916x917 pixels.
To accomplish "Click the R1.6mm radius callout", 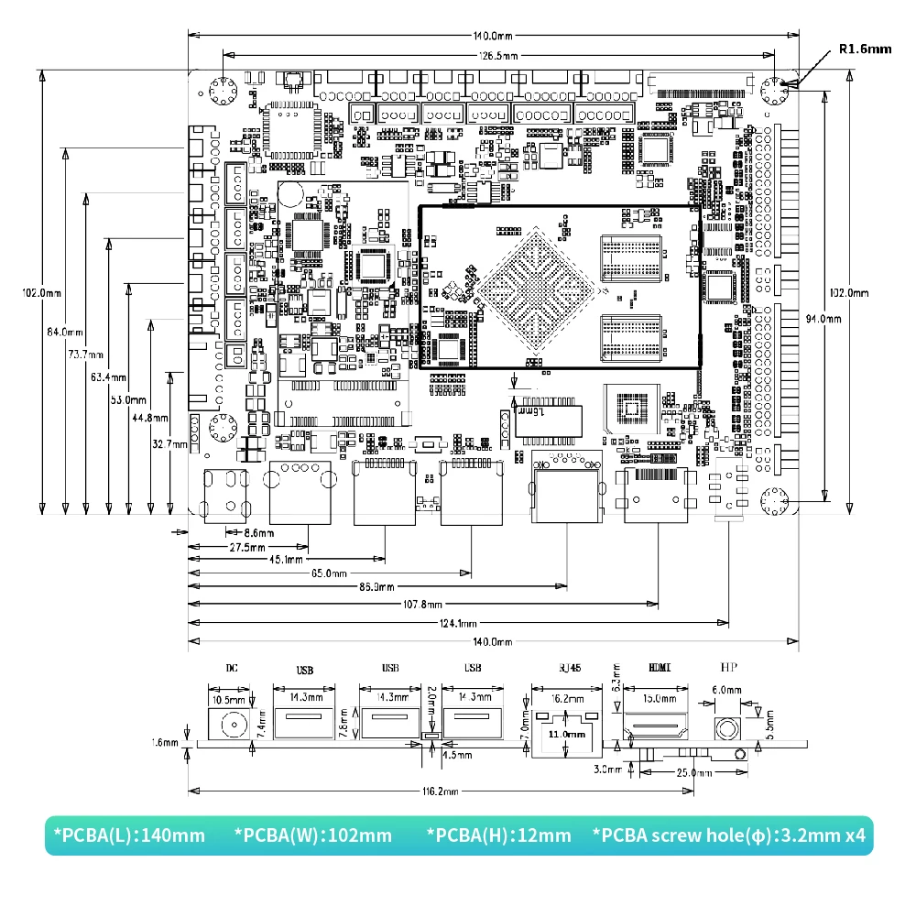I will [865, 49].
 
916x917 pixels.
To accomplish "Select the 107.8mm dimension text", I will [423, 605].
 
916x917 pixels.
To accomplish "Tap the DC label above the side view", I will [232, 668].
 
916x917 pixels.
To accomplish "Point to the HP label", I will [728, 668].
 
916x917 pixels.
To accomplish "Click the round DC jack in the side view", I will [234, 727].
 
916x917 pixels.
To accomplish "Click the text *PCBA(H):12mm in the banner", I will [499, 835].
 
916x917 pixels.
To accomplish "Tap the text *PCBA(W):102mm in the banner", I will [313, 835].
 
